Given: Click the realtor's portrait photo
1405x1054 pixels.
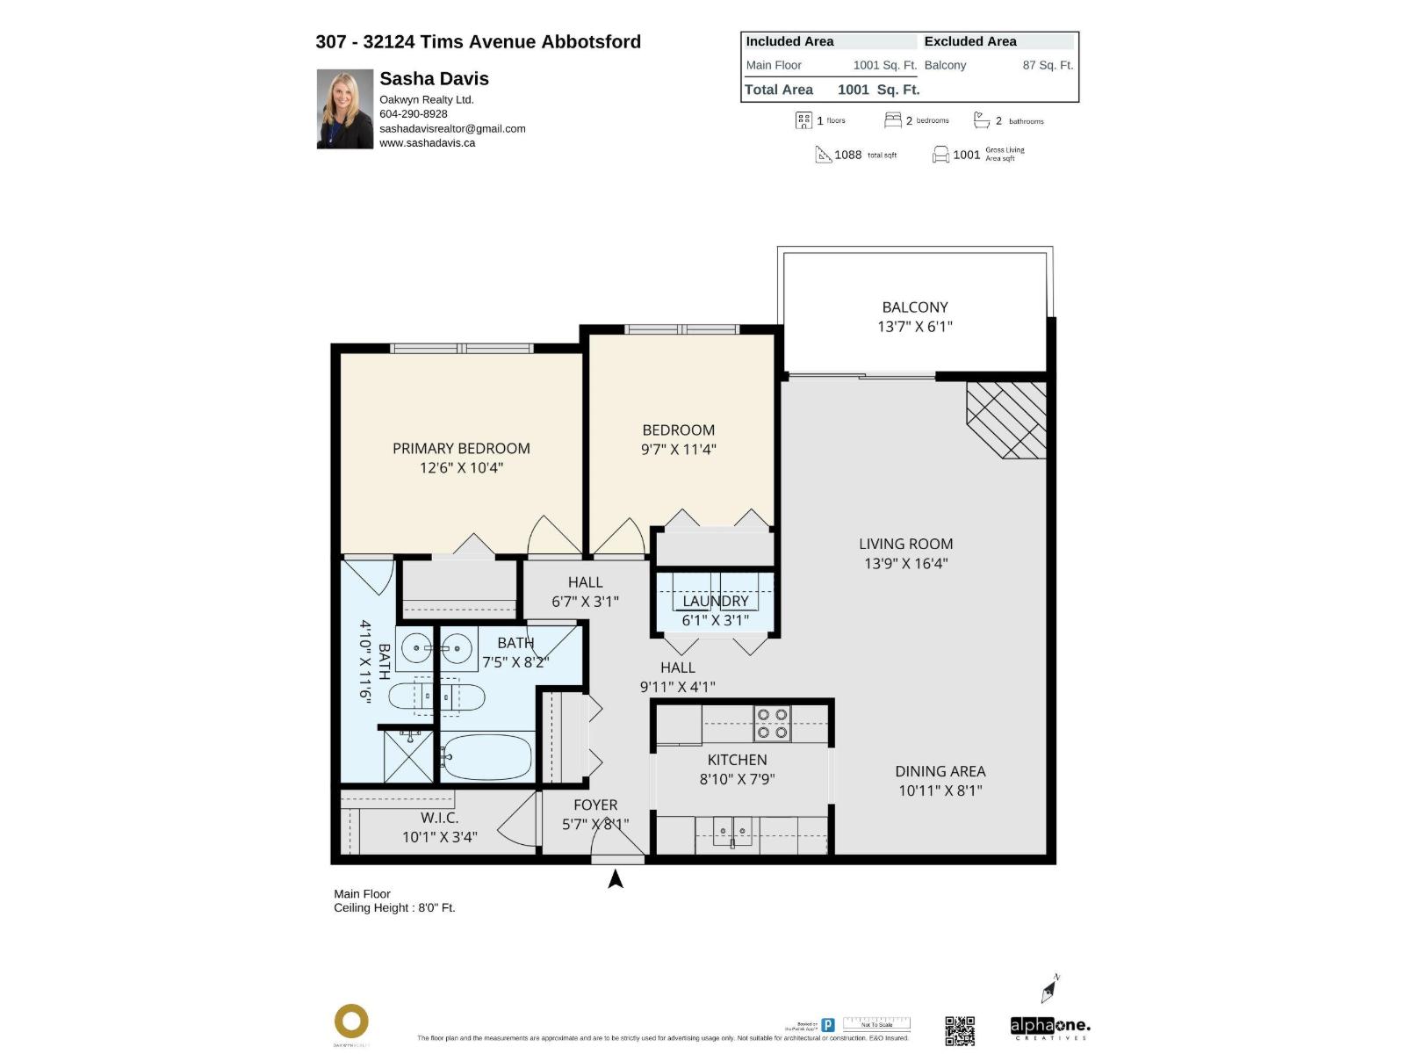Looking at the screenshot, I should pos(344,109).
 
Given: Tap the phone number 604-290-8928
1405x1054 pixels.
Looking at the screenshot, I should pos(413,114).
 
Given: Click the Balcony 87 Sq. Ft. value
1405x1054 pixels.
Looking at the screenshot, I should pos(1047,65).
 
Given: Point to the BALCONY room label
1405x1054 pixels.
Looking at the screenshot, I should pos(914,307).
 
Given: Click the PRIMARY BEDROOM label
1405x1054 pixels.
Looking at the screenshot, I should pos(461,449).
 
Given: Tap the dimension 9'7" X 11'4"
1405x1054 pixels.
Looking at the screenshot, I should pos(678,450).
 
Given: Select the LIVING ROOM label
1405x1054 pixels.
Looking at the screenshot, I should pos(905,545).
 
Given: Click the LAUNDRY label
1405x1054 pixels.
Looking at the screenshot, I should pos(716,602).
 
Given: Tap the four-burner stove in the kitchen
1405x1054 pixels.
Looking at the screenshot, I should pos(772,724).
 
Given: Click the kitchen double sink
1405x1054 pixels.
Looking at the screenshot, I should pos(731,829).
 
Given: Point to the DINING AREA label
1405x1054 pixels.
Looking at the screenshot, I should pos(940,771).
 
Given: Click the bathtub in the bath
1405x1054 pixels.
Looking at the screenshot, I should pos(487,756).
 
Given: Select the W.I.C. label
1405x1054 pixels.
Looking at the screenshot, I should pos(439,818).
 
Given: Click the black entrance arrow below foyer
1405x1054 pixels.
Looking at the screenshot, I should pos(616,878).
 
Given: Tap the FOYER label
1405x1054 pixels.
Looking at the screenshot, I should pos(595,805).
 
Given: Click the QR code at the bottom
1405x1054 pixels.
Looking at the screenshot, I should pos(959,1030).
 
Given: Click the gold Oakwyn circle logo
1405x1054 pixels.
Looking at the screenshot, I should pos(351,1022).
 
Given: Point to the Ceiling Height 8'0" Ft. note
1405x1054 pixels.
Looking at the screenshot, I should pos(394,908).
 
